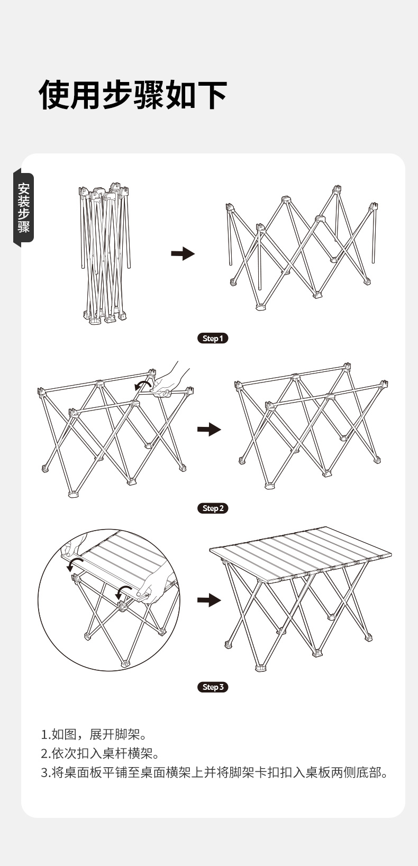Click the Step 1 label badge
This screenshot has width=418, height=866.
pos(213,338)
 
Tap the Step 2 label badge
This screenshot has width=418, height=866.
pos(213,508)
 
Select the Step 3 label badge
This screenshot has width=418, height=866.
pos(213,687)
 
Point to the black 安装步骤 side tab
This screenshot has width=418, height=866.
pos(24,207)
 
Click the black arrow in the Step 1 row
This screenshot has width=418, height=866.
pos(183,254)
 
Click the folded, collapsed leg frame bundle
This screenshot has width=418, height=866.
pos(105,254)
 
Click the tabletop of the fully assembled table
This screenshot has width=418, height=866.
pos(301,553)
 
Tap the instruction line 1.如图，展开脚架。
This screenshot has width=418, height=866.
pos(94,734)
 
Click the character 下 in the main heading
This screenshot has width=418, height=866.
pos(212,95)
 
